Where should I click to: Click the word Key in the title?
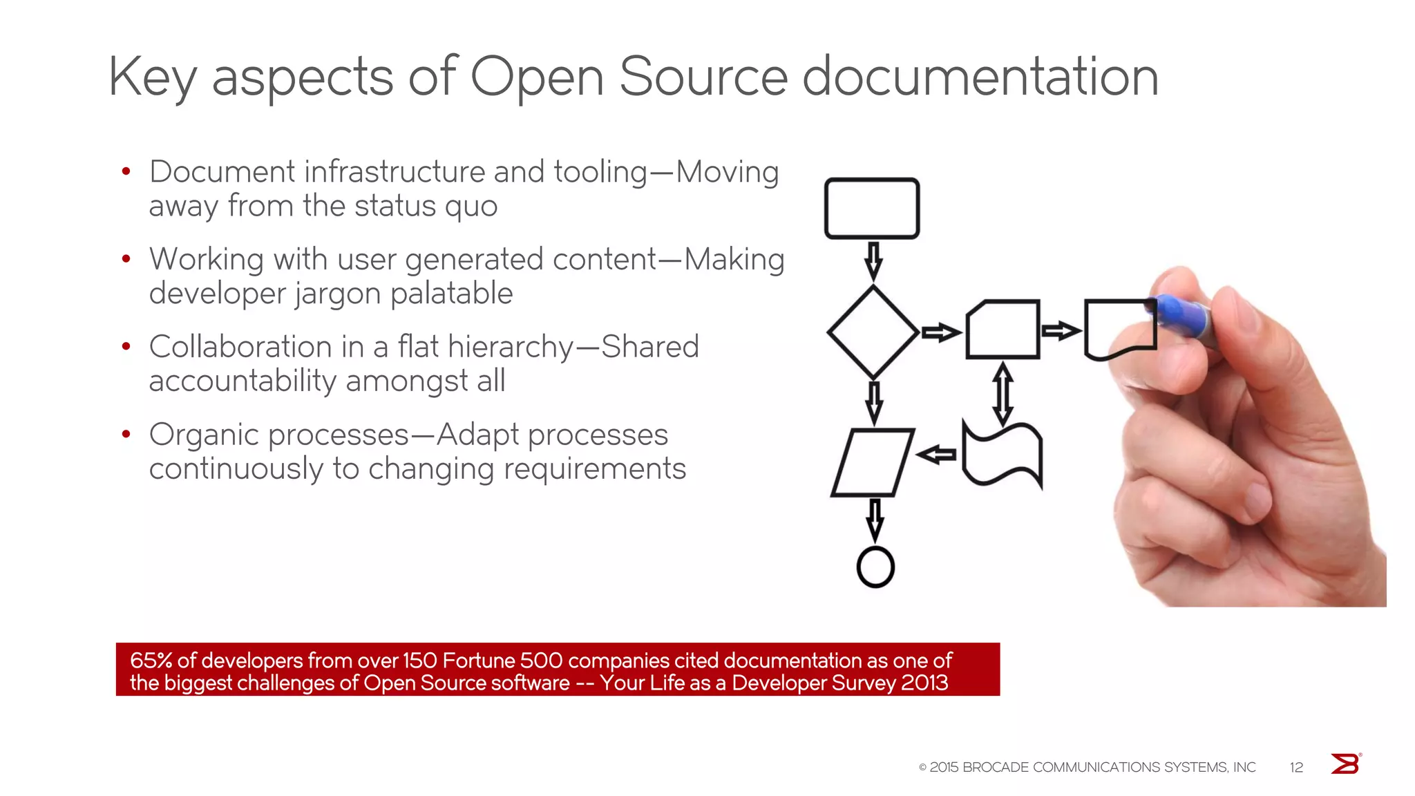coord(152,77)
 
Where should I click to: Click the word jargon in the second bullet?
coord(338,294)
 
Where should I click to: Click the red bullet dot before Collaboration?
coord(126,346)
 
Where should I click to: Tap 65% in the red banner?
coord(151,661)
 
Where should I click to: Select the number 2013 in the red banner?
coord(924,683)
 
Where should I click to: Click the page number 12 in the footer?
coord(1296,767)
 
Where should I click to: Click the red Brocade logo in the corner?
coord(1345,764)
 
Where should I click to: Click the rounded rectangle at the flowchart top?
coord(872,209)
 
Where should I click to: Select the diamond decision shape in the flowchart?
coord(873,332)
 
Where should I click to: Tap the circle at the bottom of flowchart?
coord(875,567)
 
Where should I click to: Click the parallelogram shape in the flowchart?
coord(873,462)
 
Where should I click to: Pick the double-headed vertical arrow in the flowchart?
coord(1003,395)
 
